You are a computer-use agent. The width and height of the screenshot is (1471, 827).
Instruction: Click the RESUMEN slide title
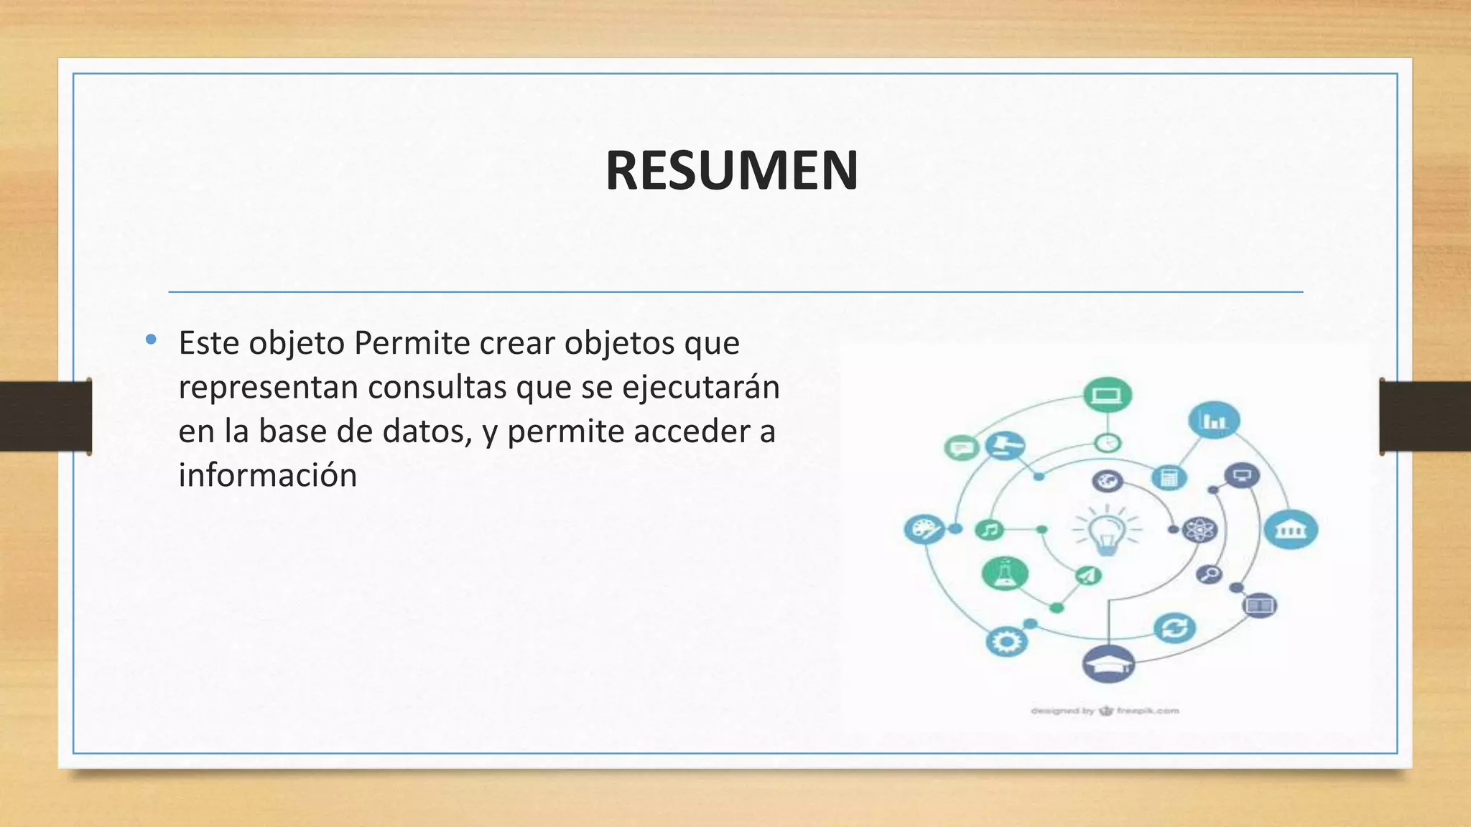tap(731, 171)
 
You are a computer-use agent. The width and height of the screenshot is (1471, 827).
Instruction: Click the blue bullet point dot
tap(151, 340)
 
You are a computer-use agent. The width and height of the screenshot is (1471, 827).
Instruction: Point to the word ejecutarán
tap(700, 387)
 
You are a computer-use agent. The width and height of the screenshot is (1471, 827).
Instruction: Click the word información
tap(267, 475)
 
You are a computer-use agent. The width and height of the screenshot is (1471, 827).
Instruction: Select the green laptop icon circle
tap(1107, 395)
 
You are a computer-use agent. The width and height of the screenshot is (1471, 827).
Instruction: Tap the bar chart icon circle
tap(1214, 420)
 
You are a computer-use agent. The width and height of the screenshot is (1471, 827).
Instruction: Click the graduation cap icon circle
tap(1108, 664)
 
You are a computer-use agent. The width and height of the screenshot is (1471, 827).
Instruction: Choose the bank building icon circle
tap(1291, 530)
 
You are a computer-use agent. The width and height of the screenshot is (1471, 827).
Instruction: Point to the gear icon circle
tap(1006, 641)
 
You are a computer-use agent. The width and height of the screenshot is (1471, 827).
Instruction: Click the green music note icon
tap(989, 530)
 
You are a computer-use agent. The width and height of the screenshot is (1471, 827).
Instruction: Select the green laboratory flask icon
tap(1004, 573)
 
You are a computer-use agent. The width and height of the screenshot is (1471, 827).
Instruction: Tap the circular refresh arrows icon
tap(1174, 628)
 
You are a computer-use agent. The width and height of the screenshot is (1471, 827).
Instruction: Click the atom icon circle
tap(1199, 531)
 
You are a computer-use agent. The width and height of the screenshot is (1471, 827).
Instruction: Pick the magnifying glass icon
tap(1210, 574)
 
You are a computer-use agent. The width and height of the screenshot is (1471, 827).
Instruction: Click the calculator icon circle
tap(1169, 477)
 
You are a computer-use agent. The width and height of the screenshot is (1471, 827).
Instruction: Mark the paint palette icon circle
tap(924, 530)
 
